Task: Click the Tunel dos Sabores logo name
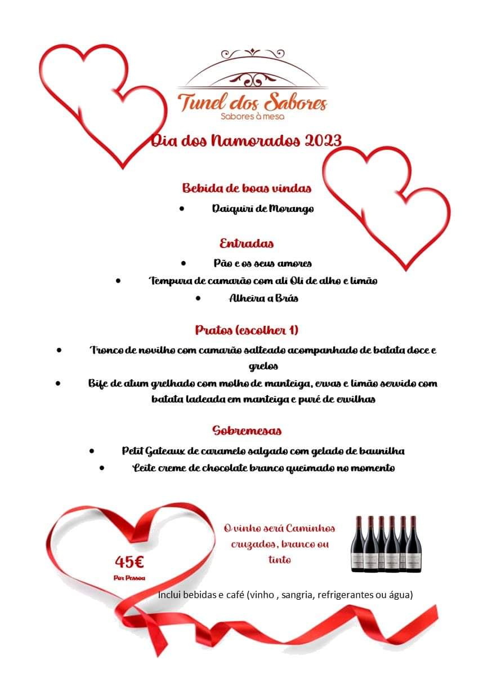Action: click(252, 103)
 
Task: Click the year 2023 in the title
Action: click(323, 140)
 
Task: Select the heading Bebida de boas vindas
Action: click(247, 188)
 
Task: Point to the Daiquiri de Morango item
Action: click(262, 209)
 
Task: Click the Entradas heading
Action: click(247, 244)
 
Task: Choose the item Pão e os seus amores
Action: click(262, 263)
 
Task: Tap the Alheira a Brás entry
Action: click(263, 298)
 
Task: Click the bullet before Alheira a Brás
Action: click(198, 298)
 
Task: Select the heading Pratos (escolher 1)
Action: click(247, 330)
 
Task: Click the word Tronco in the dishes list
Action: click(107, 350)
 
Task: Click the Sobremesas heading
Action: click(247, 431)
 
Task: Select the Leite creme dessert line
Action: click(263, 468)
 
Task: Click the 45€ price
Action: click(129, 561)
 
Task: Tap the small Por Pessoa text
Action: click(129, 578)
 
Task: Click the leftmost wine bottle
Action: click(357, 544)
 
